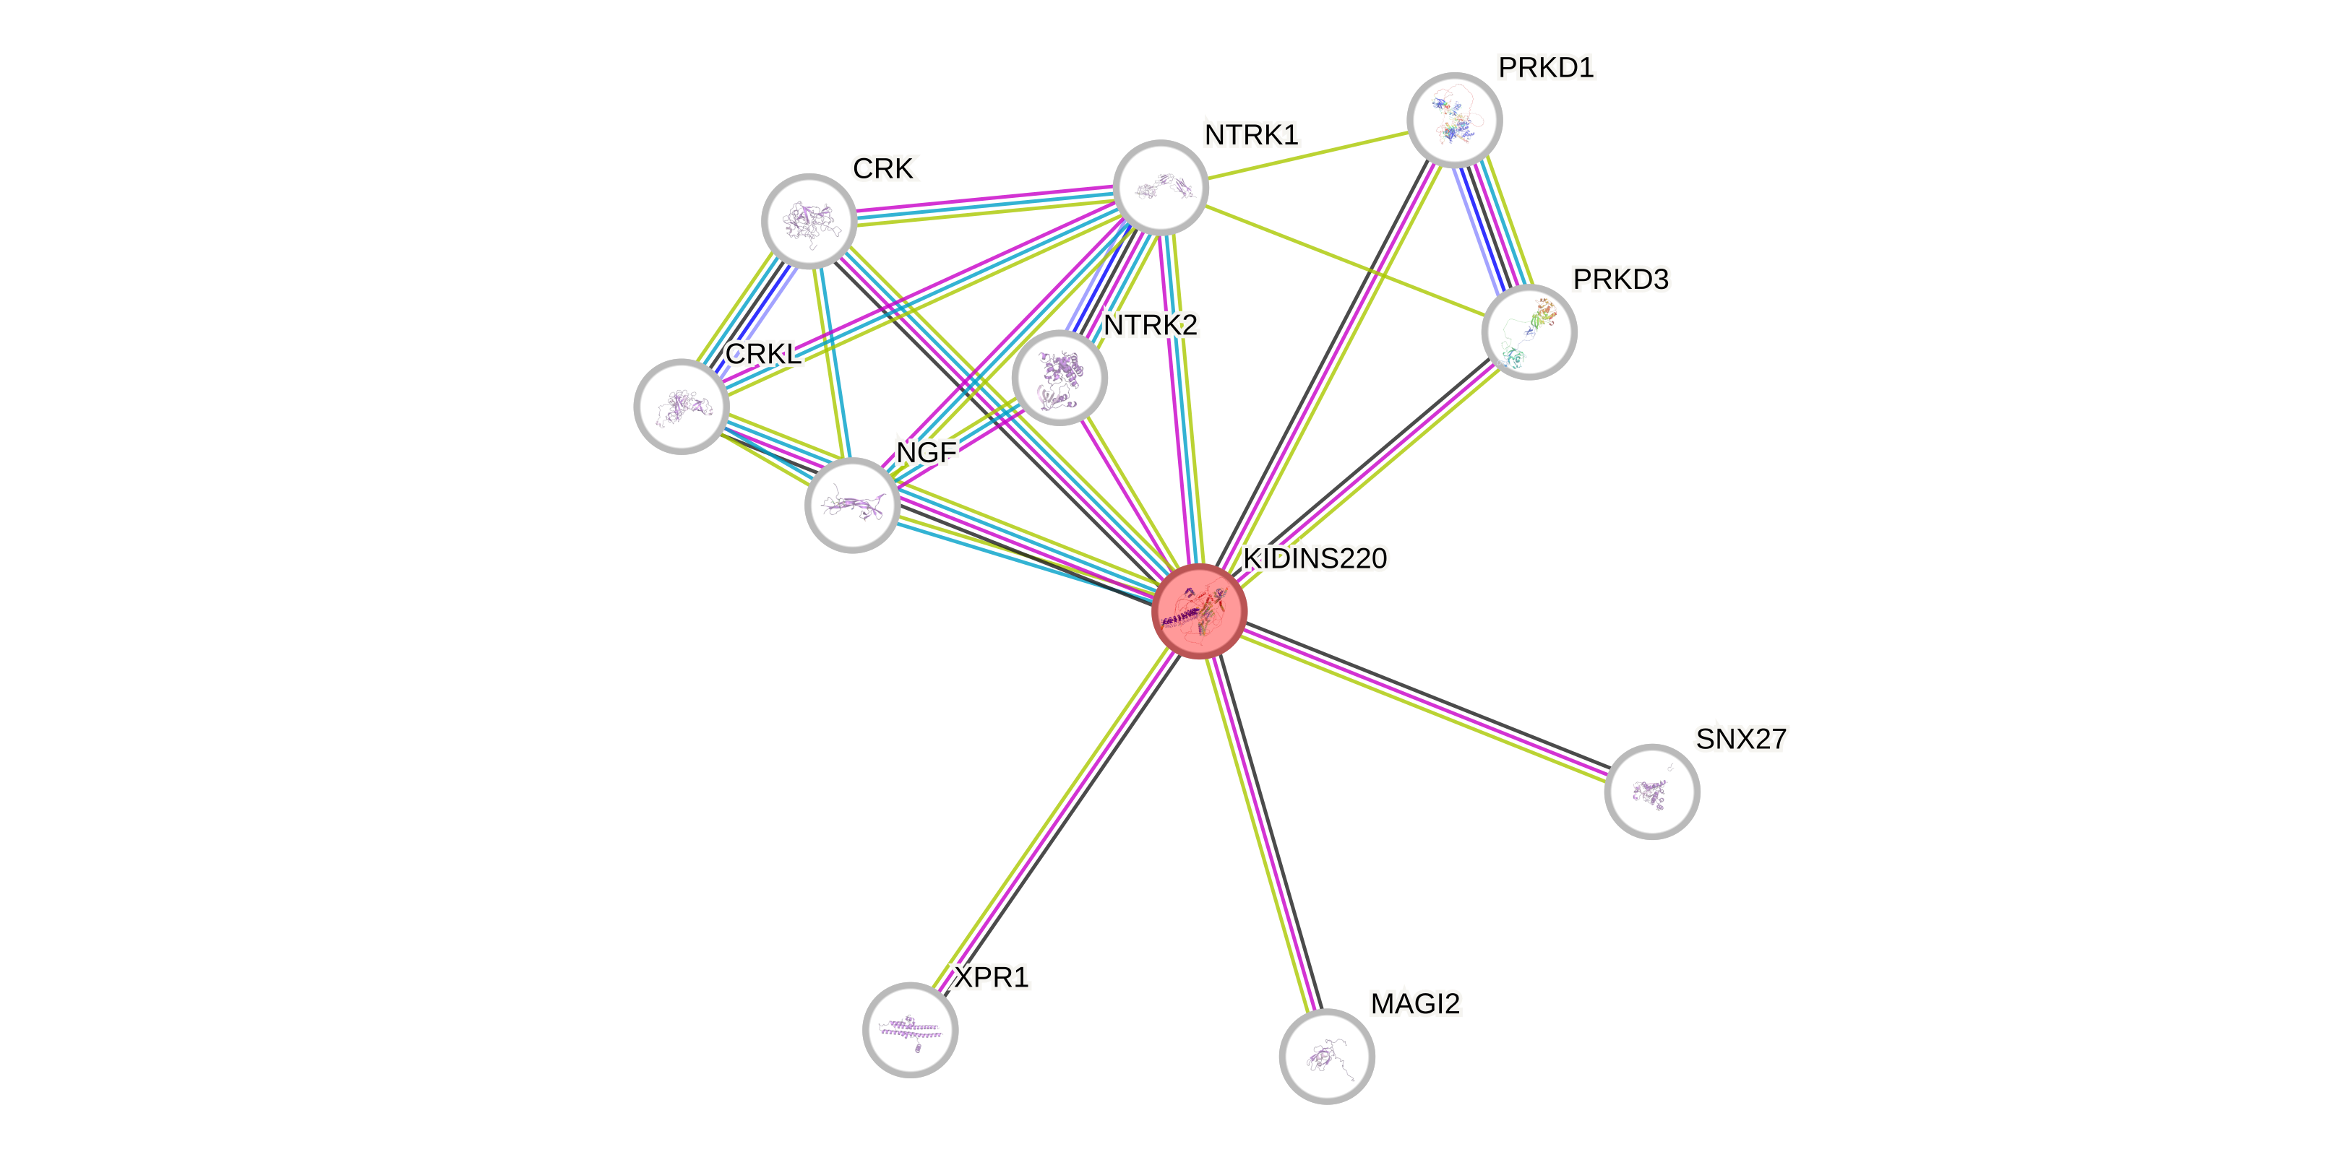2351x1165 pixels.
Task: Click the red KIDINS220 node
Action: point(1199,610)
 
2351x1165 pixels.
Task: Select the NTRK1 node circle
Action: point(1161,188)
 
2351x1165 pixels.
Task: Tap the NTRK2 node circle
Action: point(1059,377)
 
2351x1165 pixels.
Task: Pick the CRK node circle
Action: point(809,221)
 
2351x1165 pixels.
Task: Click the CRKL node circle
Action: point(681,406)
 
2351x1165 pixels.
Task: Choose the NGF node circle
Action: point(851,505)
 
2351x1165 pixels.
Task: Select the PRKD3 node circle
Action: point(1529,332)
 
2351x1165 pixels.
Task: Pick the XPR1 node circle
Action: point(910,1030)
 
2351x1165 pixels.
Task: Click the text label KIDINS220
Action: point(1315,558)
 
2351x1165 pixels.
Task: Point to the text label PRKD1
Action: point(1546,67)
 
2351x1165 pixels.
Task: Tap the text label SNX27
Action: point(1740,738)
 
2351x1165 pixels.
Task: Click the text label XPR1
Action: point(990,978)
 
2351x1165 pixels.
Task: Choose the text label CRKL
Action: point(763,353)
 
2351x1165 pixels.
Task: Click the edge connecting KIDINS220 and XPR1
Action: point(1056,818)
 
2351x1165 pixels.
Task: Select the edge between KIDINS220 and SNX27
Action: point(1424,700)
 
